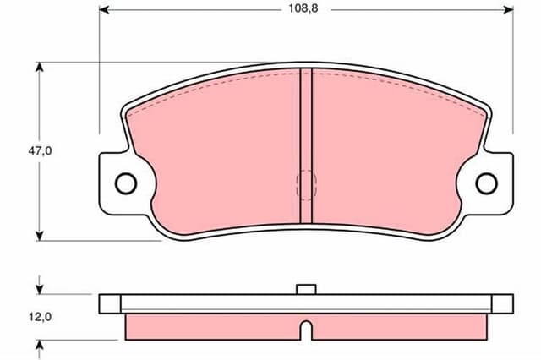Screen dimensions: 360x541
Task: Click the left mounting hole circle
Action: pyautogui.click(x=125, y=183)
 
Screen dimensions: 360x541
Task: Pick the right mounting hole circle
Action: pyautogui.click(x=486, y=183)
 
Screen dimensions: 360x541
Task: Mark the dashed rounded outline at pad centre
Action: pyautogui.click(x=306, y=183)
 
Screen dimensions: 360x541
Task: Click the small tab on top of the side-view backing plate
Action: pyautogui.click(x=307, y=289)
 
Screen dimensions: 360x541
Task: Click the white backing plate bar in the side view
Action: pyautogui.click(x=211, y=303)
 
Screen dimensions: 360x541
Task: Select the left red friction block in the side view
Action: pyautogui.click(x=211, y=326)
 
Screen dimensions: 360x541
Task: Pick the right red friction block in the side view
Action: pyautogui.click(x=397, y=326)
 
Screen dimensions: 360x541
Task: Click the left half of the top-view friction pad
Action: pyautogui.click(x=220, y=152)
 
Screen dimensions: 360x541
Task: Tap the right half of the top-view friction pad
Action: pyautogui.click(x=389, y=152)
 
